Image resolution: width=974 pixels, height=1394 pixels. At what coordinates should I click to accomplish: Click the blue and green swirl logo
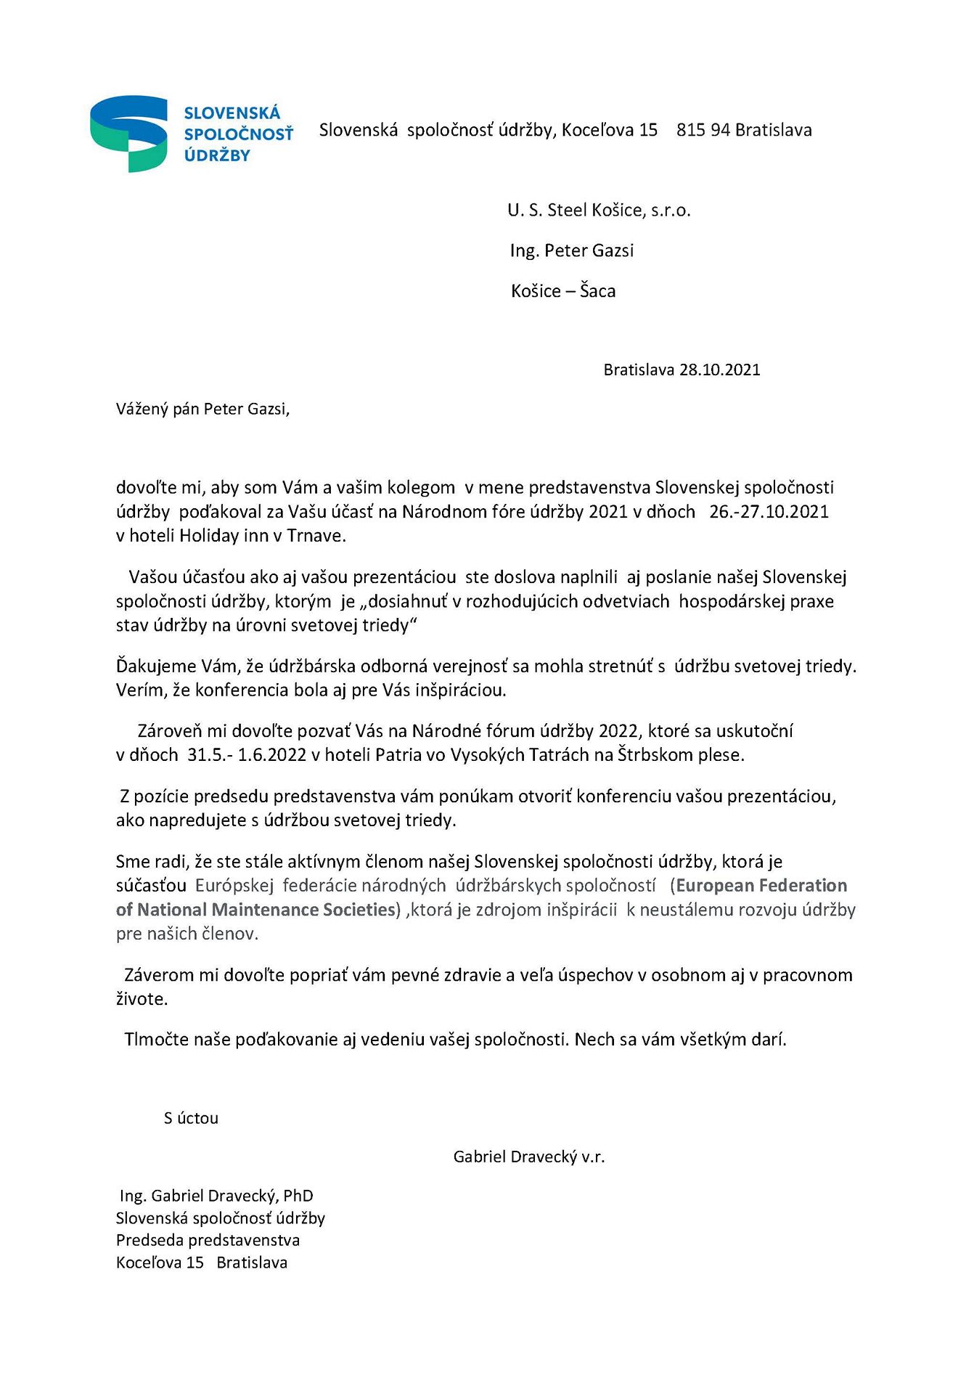[x=128, y=133]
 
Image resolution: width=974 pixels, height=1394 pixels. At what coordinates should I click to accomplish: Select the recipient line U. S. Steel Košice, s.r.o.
[x=599, y=211]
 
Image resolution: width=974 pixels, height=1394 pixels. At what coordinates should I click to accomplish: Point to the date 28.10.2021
[x=719, y=370]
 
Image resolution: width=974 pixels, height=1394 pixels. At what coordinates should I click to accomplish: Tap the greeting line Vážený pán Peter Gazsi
[x=202, y=409]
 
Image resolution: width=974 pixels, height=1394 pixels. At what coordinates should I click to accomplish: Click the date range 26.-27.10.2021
[x=769, y=512]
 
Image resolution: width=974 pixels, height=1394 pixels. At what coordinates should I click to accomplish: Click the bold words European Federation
[x=761, y=886]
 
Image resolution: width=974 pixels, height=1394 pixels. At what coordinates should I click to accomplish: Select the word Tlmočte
[x=153, y=1040]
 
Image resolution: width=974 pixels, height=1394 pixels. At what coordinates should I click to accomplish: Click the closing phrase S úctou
[x=191, y=1118]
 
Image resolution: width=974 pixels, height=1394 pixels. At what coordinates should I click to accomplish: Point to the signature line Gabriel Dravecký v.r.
[x=528, y=1157]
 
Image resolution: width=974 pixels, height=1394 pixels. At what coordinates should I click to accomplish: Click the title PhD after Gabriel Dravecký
[x=298, y=1196]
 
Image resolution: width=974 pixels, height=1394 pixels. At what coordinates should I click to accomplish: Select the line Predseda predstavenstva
[x=208, y=1240]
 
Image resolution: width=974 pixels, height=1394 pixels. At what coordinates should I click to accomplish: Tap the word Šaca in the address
[x=597, y=291]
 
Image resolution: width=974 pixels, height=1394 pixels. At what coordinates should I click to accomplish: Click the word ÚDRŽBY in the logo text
[x=217, y=155]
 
